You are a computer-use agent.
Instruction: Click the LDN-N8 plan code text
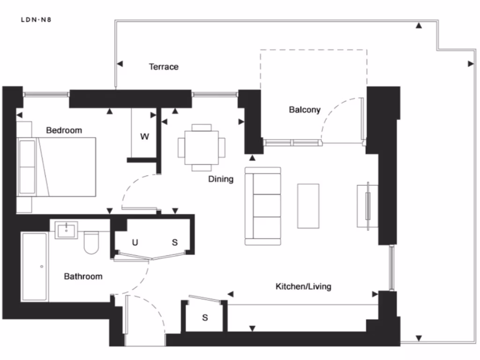[39, 20]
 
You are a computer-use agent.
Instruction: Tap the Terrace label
[164, 67]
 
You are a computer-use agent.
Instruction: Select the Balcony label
[304, 110]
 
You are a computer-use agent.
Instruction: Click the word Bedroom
[64, 130]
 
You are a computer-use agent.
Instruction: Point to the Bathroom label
[83, 276]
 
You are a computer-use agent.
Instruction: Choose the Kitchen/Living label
[303, 286]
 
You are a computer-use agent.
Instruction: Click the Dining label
[220, 179]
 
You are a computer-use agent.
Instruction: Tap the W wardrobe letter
[145, 137]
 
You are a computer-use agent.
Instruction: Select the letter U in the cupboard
[135, 242]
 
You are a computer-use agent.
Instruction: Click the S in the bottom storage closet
[205, 318]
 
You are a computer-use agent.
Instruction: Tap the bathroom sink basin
[67, 230]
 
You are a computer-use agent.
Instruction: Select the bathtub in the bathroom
[34, 267]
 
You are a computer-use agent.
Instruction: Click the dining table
[202, 148]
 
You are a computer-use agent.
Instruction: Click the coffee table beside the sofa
[308, 206]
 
